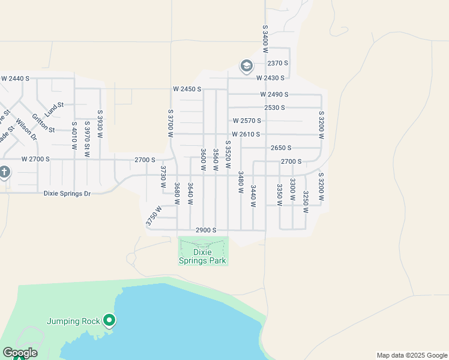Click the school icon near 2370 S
(246, 65)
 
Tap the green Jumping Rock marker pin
(109, 321)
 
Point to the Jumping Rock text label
(73, 321)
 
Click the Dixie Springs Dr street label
(67, 193)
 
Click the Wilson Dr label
(26, 129)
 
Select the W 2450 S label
(187, 89)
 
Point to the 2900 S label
(206, 230)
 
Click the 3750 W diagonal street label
(154, 216)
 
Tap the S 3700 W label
(170, 123)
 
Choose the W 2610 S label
(246, 134)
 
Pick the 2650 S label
(281, 148)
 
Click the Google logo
(20, 353)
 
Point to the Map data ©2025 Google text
(411, 355)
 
